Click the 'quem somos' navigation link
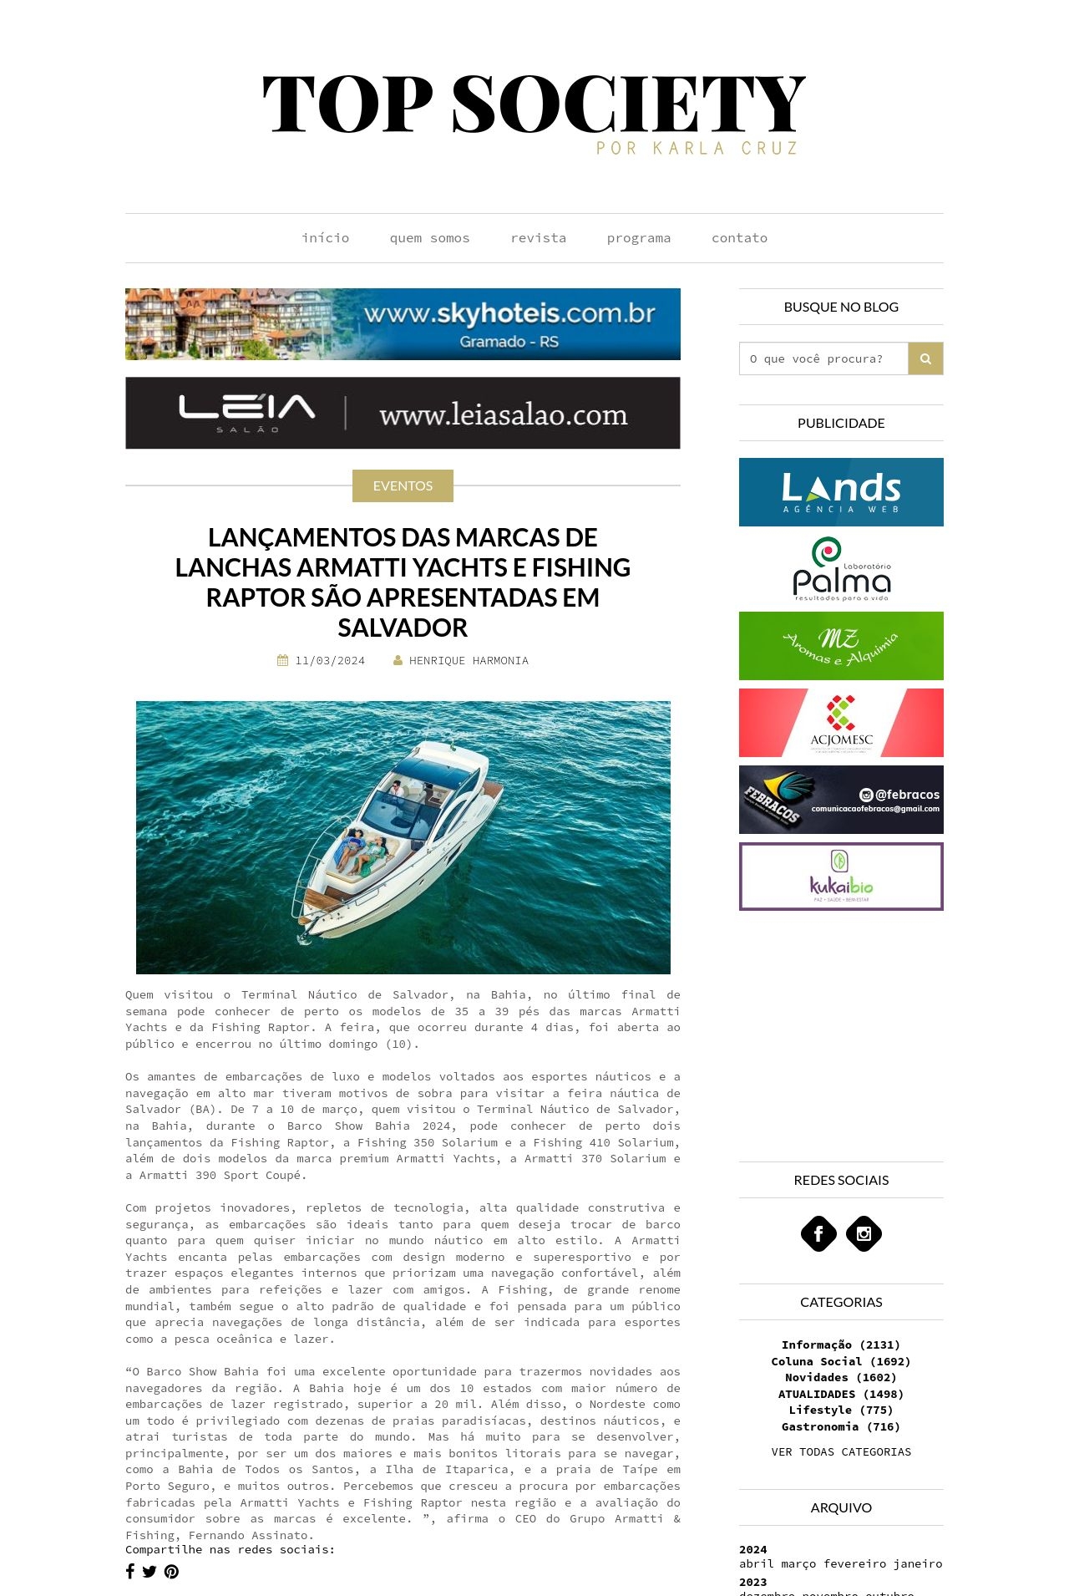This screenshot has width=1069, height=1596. click(429, 238)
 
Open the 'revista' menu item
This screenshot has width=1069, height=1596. click(538, 238)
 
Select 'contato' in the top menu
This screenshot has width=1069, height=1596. click(739, 238)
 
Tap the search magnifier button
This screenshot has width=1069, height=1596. click(925, 358)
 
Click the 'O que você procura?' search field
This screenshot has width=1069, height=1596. click(823, 358)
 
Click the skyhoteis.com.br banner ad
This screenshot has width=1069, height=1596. click(403, 324)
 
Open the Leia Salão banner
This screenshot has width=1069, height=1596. click(403, 413)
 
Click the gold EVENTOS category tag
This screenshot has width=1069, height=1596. click(403, 485)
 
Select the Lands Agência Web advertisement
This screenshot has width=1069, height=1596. click(841, 492)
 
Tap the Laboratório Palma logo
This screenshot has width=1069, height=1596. click(841, 569)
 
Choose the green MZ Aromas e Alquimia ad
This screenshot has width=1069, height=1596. click(841, 646)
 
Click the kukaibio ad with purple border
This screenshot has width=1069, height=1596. click(841, 877)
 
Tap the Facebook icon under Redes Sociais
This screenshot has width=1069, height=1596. click(818, 1233)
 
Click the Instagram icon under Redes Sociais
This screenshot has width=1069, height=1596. click(864, 1233)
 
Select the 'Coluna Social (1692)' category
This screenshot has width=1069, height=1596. click(841, 1361)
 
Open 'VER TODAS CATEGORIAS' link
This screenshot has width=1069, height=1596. click(841, 1451)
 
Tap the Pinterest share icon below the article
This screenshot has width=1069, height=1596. click(171, 1572)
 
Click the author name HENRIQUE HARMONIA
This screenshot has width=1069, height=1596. click(469, 661)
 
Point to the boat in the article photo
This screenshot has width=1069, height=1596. click(401, 836)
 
